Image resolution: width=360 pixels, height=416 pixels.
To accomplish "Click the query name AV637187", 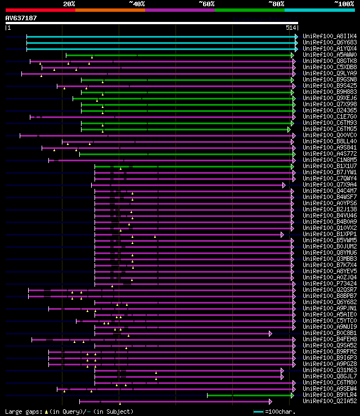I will (21, 18).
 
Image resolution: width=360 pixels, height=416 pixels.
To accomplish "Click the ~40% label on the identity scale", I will (137, 3).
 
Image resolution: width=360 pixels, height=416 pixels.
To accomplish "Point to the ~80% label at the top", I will (276, 3).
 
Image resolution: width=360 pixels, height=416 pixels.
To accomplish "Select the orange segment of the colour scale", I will (110, 10).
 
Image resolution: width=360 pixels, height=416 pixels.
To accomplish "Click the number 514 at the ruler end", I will (291, 27).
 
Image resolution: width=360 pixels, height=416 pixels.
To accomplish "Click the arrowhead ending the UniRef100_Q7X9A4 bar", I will (284, 184).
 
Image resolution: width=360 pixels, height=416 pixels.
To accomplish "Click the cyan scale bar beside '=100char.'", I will (258, 412).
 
